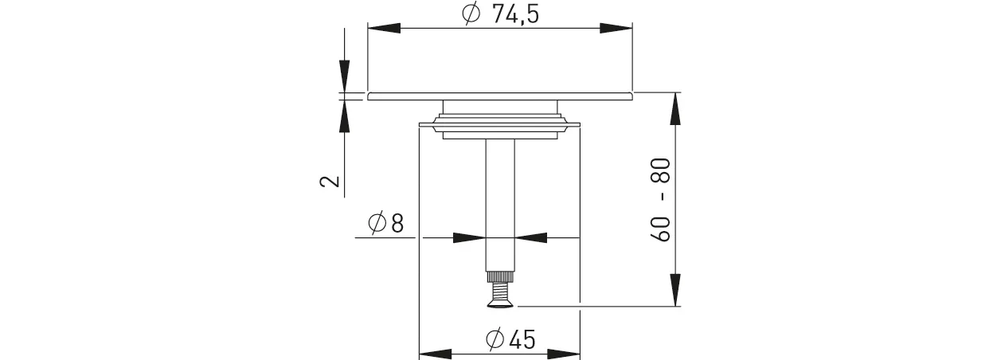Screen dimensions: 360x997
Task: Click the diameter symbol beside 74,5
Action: (471, 14)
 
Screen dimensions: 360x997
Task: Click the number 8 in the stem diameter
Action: (397, 224)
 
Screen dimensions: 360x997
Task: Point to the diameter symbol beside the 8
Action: (377, 224)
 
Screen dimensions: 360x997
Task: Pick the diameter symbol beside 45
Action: (494, 340)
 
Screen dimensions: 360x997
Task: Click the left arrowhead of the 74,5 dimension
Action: (384, 28)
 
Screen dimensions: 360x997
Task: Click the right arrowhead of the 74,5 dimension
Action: (616, 28)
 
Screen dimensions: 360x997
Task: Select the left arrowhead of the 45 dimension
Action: (436, 353)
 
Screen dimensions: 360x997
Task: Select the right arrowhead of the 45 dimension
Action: (564, 353)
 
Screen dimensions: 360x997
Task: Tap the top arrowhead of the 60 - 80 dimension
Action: (675, 108)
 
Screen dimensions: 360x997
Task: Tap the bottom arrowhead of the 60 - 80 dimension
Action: (675, 290)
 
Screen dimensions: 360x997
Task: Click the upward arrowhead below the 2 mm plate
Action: (344, 115)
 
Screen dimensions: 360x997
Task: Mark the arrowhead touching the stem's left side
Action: (469, 237)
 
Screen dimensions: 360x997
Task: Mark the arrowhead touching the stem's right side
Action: (531, 237)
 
